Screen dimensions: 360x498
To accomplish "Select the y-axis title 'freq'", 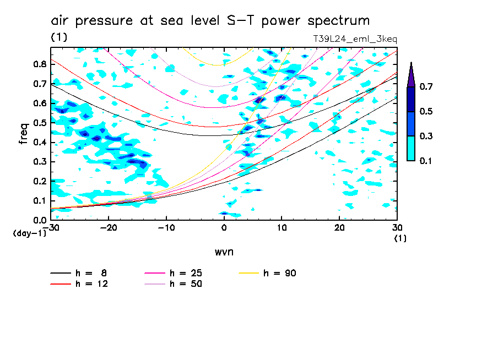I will (x=23, y=134).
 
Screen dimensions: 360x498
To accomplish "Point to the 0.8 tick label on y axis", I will (x=39, y=64).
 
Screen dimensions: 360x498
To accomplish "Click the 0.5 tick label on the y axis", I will (x=39, y=123).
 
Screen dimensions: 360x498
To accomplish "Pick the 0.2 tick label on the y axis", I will (x=39, y=181).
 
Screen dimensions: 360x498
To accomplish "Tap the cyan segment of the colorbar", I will (x=410, y=148).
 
